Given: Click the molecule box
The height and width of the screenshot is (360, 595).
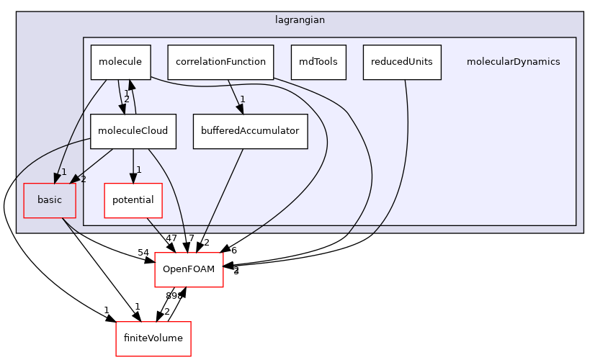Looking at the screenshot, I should coord(120,62).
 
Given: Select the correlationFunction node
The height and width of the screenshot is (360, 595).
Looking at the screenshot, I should coord(220,62).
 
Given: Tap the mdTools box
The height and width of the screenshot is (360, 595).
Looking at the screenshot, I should coord(318,62).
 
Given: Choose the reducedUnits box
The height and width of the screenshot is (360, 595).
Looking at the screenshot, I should coord(402,62).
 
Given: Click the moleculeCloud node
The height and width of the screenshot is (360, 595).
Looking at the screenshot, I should coord(133,131).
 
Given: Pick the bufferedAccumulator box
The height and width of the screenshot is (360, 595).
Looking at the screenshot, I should coord(250,131).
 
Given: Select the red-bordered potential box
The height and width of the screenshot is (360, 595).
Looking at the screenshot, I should coord(133,200).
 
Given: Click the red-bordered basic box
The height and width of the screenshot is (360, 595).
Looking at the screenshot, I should coord(50,200).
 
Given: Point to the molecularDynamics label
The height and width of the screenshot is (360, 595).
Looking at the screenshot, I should coord(513,62).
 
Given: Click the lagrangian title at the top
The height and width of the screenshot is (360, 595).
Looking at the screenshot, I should coord(300,20).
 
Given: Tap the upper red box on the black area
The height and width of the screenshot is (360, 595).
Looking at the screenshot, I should coord(189,270).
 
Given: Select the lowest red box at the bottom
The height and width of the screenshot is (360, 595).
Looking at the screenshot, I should coord(153,338).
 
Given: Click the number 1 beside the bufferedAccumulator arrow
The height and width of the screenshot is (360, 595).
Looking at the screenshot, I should coord(243,99).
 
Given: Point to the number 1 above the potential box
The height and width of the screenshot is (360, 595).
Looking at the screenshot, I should coord(138,170).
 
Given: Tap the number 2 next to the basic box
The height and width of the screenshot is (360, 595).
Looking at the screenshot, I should coord(83,179).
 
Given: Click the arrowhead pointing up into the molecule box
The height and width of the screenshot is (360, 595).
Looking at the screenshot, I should coord(131,84).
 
